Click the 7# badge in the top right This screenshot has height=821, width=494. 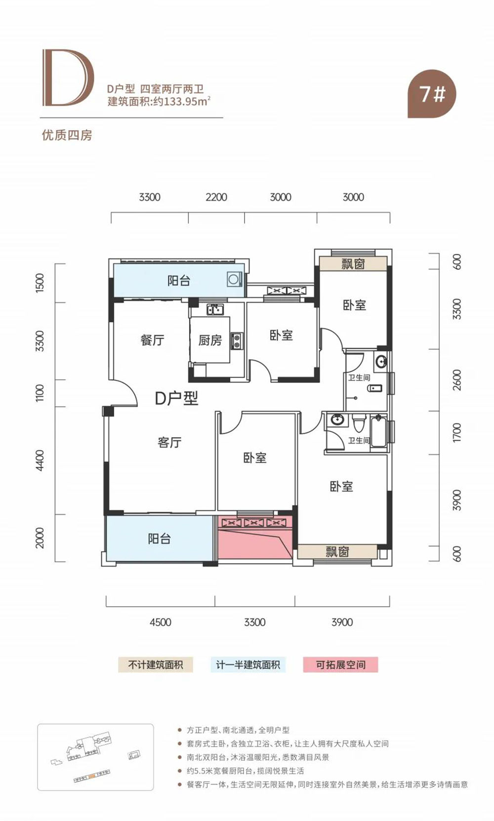(x=432, y=94)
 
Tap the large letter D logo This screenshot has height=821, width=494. (x=68, y=78)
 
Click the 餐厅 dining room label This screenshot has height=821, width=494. (x=152, y=340)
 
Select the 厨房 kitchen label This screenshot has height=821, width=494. (x=210, y=340)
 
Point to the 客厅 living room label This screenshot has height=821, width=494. (x=169, y=443)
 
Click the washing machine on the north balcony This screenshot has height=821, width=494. (x=234, y=280)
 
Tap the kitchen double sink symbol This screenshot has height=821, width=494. (x=215, y=310)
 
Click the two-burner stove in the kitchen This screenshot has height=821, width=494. (x=236, y=341)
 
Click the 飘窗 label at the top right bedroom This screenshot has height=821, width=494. (x=353, y=264)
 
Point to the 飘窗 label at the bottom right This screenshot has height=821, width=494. (x=337, y=552)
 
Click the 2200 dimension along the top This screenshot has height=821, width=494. (x=216, y=197)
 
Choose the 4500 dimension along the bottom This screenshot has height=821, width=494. (x=161, y=622)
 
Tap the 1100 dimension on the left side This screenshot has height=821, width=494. (x=40, y=393)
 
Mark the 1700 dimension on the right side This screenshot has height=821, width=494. (x=457, y=433)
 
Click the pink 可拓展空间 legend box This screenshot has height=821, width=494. (x=340, y=664)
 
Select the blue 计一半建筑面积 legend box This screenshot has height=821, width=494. (x=248, y=664)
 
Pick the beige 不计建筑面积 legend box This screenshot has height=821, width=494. (x=156, y=664)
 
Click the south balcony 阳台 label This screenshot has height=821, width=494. (x=160, y=538)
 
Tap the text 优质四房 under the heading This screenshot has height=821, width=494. (x=67, y=135)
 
